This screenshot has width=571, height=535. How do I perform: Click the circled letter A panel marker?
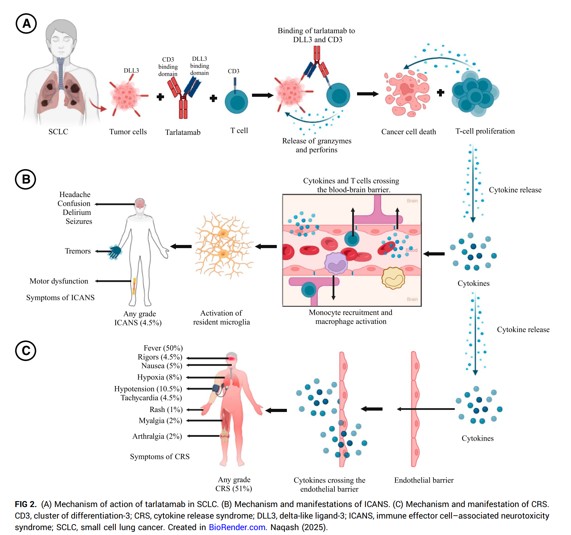point(26,24)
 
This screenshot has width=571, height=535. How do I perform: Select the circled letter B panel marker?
point(25,179)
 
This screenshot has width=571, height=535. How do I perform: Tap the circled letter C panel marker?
point(26,350)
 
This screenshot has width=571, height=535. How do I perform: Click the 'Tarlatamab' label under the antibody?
point(183,132)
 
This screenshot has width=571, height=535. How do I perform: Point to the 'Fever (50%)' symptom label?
point(163,348)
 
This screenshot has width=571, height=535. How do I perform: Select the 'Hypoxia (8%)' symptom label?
point(160,377)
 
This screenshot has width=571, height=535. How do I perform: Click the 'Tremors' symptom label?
point(77,251)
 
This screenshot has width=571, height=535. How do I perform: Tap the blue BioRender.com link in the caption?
point(237,527)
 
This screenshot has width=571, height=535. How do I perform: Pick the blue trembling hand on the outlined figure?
point(115,251)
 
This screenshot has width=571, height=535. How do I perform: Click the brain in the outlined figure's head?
point(140,203)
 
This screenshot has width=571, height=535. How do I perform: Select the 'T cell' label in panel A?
point(239,131)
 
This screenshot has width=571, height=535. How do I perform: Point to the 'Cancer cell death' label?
point(408,132)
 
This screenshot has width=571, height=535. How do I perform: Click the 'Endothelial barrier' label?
point(424,480)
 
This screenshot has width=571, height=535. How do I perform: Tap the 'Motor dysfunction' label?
point(59,281)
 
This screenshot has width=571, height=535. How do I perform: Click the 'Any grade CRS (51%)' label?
point(234,484)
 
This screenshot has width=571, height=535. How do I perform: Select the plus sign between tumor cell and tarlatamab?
point(160,97)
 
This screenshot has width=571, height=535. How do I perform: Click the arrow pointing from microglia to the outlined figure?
point(181,246)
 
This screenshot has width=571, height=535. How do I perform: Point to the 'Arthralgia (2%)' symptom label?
point(157,436)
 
